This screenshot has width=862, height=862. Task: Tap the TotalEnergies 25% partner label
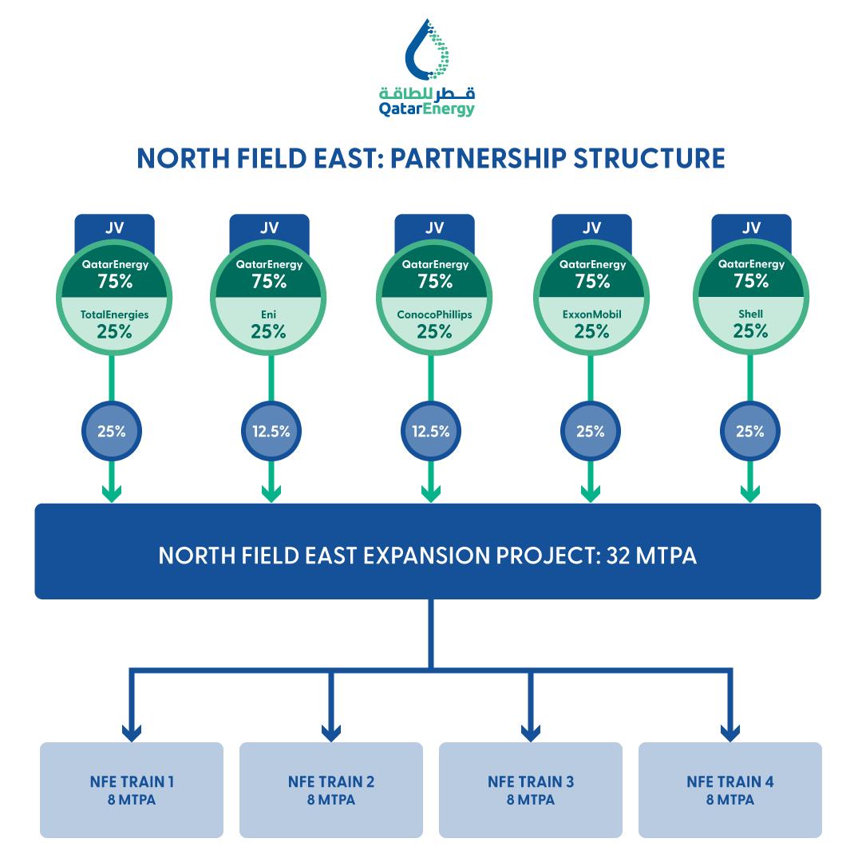point(114,324)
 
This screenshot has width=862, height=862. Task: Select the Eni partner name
point(269,314)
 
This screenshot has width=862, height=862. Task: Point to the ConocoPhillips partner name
point(434,314)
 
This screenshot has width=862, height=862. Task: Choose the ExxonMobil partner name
point(591,314)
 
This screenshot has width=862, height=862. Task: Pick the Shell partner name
point(750,314)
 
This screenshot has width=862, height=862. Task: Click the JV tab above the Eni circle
point(269,227)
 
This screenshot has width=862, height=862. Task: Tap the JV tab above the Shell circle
point(750,227)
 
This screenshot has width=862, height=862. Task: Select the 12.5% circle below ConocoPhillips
point(431,432)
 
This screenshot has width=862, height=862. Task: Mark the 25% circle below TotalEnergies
point(112,432)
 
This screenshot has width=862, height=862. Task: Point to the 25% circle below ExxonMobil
point(591,432)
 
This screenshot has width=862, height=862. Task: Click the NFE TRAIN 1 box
point(132,789)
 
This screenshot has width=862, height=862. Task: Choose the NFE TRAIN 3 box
point(531,789)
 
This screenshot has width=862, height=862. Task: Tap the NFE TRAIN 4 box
point(730,789)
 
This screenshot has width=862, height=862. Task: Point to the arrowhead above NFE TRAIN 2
point(330,731)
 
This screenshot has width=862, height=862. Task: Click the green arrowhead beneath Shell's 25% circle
point(750,493)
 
